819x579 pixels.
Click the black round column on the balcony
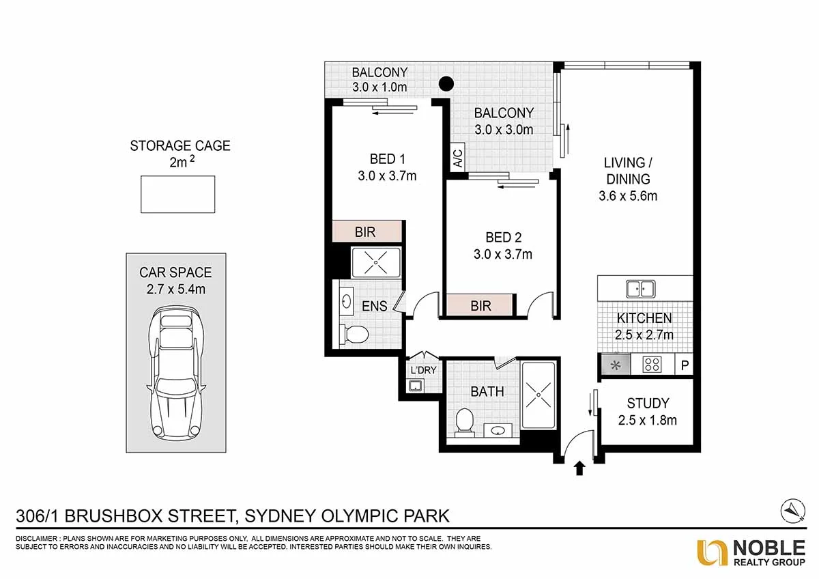pos(446,84)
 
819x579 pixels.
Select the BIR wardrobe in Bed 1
pos(366,231)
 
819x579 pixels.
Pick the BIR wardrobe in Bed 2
pos(480,306)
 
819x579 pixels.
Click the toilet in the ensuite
pos(355,334)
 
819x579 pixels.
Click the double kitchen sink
pos(641,289)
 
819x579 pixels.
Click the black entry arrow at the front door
pos(579,468)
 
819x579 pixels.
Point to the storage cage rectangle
pos(178,194)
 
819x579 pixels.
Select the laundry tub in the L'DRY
pos(414,386)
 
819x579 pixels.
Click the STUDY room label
pos(648,403)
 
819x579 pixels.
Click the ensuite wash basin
pos(347,300)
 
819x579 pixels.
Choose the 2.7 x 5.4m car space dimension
pos(175,289)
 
